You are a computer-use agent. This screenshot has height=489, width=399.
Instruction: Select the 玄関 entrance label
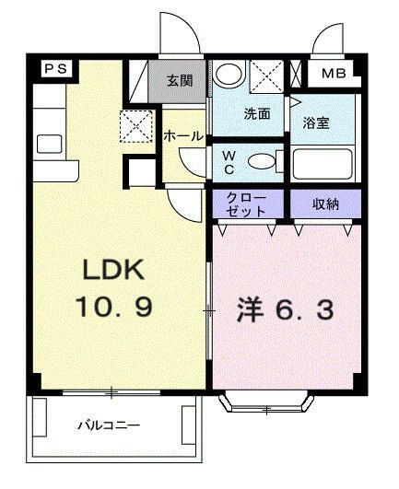coord(181,80)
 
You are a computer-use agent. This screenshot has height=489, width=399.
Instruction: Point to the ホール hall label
coord(182,135)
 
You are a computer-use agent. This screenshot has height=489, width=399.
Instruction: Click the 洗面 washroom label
coord(256,115)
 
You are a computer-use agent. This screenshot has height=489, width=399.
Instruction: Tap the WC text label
coord(228,162)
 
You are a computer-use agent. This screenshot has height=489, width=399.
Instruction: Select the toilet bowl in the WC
coord(263,162)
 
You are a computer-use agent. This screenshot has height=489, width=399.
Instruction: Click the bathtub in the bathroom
coord(323,167)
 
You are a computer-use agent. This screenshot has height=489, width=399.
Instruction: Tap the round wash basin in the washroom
coord(231,74)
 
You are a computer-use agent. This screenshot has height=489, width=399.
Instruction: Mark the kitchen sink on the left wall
coord(47,143)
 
